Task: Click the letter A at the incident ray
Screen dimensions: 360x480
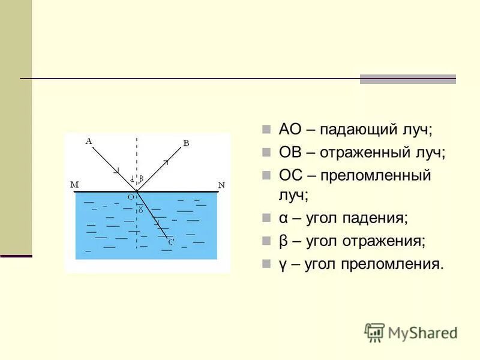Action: [x=89, y=141]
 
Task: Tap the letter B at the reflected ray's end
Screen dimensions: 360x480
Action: [x=185, y=143]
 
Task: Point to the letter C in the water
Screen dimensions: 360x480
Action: [x=170, y=242]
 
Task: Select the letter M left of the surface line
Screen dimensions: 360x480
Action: [x=74, y=185]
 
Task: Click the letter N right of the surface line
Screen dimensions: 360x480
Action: [x=221, y=185]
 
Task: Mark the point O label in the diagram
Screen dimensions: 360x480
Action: [x=130, y=196]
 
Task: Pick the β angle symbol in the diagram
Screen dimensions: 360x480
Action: [x=142, y=178]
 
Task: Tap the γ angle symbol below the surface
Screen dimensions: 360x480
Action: [x=140, y=209]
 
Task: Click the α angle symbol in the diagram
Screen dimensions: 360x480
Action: [x=131, y=178]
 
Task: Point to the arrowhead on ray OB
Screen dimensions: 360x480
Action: [x=166, y=162]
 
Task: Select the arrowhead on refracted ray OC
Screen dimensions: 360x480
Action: [x=157, y=223]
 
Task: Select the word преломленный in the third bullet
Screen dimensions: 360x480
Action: [x=375, y=176]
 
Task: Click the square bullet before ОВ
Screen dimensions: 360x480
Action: [x=266, y=153]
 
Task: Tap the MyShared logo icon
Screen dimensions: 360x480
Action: [x=374, y=332]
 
